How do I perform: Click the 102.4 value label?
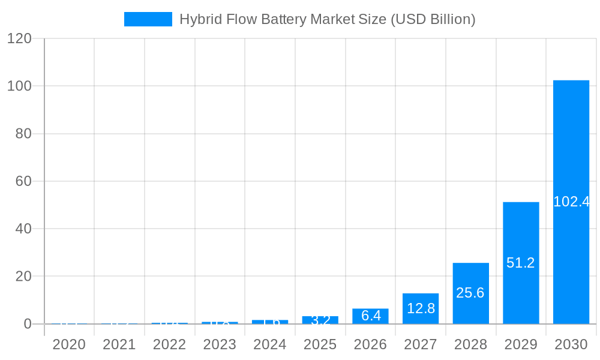tap(571, 202)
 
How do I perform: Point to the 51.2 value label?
tap(521, 263)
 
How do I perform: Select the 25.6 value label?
tap(470, 293)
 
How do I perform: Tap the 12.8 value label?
tap(421, 308)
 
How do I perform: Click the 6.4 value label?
tap(371, 316)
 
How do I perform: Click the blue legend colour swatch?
tap(148, 19)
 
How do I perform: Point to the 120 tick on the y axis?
tap(19, 38)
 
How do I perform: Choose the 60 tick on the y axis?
tap(23, 181)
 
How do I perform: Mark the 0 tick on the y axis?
tap(28, 324)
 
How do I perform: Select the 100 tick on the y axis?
tap(19, 86)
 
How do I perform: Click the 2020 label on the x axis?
tap(69, 344)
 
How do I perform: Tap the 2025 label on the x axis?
tap(320, 344)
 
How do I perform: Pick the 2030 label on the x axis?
tap(571, 344)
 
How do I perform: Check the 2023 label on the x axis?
tap(220, 344)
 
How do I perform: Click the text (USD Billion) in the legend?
tap(433, 19)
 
